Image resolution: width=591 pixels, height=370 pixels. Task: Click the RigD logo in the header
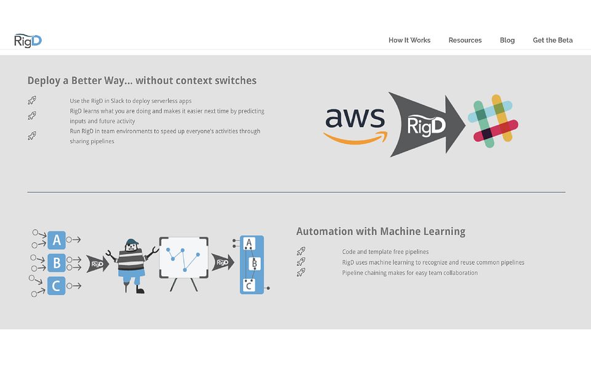click(28, 41)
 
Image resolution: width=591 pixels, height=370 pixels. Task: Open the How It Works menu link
click(409, 40)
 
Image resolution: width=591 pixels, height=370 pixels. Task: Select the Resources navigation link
click(465, 40)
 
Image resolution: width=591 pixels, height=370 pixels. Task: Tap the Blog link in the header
click(507, 41)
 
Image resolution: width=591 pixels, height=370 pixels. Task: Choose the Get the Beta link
click(553, 40)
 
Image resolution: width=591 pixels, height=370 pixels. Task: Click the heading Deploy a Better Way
click(142, 80)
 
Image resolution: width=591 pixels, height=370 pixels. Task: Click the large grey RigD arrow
click(427, 125)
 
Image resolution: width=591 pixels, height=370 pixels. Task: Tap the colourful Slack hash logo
click(493, 121)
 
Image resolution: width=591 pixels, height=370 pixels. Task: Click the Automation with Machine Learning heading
click(380, 231)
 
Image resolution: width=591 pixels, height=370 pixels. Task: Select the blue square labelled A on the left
click(57, 240)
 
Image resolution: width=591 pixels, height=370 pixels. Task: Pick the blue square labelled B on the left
click(57, 263)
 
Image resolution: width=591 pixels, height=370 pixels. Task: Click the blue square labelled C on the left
click(57, 286)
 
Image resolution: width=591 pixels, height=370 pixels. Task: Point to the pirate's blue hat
click(132, 242)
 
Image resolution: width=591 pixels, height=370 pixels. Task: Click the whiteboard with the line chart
click(183, 258)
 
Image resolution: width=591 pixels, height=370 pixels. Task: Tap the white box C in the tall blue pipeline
click(249, 286)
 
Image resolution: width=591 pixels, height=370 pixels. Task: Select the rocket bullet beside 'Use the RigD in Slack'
click(32, 101)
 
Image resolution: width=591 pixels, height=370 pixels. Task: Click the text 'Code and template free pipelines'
click(385, 252)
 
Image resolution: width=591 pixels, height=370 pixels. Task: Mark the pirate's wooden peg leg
click(126, 286)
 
